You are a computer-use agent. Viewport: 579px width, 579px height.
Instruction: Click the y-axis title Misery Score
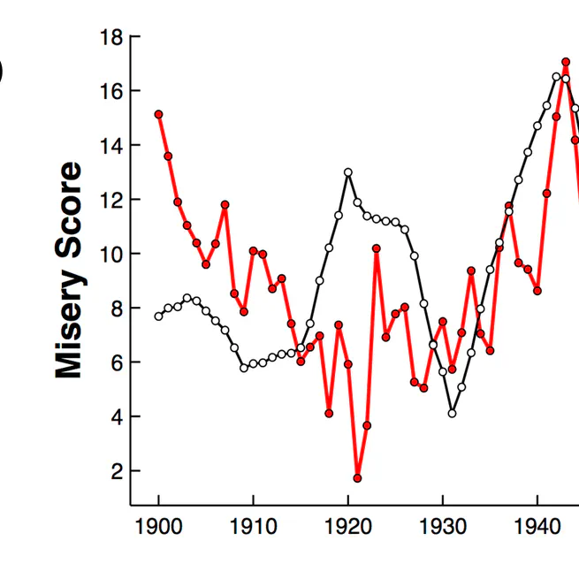(x=69, y=270)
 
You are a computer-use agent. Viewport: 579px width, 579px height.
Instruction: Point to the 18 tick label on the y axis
(x=113, y=37)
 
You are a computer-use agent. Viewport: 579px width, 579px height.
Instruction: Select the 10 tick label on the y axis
(x=113, y=254)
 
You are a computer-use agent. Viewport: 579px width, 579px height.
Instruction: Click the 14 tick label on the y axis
(x=113, y=145)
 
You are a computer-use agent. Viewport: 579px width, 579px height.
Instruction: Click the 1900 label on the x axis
(x=159, y=528)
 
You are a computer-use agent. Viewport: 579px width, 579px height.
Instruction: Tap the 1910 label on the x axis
(x=254, y=528)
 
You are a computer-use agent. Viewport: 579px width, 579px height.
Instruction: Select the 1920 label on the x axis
(x=348, y=528)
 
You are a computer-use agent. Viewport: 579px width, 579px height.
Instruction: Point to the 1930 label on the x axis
(x=443, y=528)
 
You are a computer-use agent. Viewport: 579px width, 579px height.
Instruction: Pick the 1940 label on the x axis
(x=537, y=528)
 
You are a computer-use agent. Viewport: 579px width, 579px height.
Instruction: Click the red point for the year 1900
(x=159, y=114)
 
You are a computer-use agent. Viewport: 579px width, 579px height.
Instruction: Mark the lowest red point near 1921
(x=357, y=478)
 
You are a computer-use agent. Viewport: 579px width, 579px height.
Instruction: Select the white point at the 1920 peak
(x=348, y=171)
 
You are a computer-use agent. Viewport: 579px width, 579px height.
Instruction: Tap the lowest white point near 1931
(x=452, y=413)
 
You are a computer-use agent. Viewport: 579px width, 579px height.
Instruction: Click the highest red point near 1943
(x=566, y=62)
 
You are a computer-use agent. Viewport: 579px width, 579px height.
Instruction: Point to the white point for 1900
(x=159, y=316)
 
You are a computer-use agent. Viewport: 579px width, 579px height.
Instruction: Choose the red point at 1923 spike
(x=377, y=248)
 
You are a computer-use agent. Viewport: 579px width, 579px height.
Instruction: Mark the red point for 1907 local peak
(x=225, y=204)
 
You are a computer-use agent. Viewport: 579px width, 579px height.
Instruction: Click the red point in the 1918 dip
(x=329, y=413)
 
